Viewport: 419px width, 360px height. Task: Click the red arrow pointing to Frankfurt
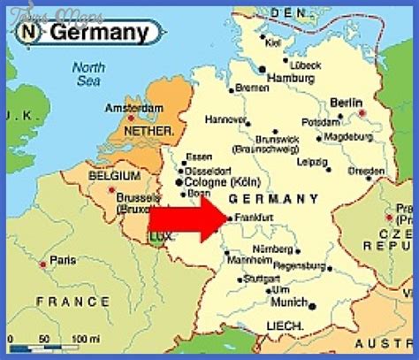point(187,218)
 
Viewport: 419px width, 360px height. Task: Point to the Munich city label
point(288,303)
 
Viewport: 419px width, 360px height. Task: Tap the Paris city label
point(62,261)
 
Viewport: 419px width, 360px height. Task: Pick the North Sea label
point(88,74)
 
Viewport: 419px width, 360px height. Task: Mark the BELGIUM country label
point(115,176)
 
